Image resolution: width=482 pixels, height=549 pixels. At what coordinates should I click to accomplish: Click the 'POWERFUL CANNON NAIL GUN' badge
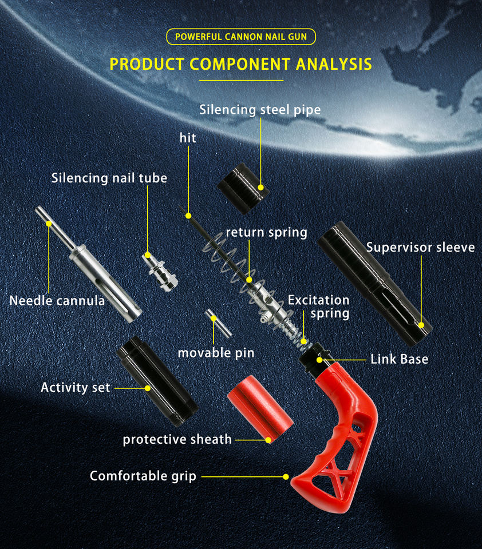pos(240,37)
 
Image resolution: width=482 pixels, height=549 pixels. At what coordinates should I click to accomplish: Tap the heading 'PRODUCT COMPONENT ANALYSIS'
pos(240,63)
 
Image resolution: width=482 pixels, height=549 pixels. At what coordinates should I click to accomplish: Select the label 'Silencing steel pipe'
pos(260,109)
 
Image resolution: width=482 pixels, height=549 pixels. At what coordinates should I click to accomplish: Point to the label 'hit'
pos(188,138)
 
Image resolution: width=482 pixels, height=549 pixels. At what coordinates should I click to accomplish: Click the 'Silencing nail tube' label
pos(109,178)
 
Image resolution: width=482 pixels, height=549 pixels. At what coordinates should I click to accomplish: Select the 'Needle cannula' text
pos(57,300)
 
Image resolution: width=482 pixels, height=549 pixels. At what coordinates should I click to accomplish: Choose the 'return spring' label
pos(266,232)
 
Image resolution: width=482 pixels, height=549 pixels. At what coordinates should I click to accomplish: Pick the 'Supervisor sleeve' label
pos(420,247)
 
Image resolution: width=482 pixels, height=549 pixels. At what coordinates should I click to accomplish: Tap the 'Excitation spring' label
pos(318,307)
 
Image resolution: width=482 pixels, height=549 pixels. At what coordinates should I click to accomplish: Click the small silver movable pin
pos(217,325)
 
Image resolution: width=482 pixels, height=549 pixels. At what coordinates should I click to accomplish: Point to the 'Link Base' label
pos(399,359)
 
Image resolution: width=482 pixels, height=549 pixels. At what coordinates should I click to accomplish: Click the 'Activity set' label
pos(75,387)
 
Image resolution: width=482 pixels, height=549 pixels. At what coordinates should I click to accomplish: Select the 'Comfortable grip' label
pos(143,476)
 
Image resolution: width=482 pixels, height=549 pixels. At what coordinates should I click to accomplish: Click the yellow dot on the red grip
pos(286,476)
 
